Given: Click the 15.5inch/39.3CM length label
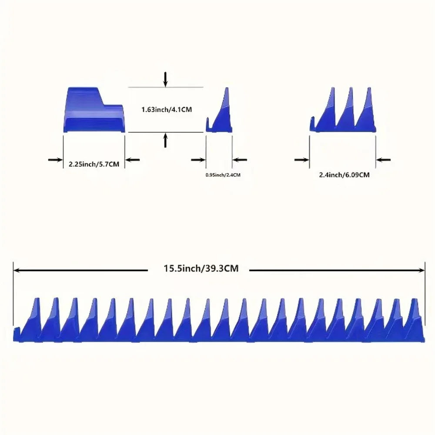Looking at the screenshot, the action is click(201, 268).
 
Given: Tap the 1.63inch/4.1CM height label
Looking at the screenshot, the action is click(167, 110).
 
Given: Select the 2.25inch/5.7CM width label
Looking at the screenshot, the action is click(94, 164).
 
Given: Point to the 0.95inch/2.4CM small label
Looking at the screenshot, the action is click(223, 175).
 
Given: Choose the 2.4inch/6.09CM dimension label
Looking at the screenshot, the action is click(344, 175).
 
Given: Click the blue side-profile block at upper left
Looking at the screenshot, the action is click(94, 110).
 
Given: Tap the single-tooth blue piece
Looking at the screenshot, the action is click(219, 110).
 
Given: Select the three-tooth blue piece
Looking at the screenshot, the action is click(343, 110).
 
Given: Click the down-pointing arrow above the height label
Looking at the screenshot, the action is click(166, 79).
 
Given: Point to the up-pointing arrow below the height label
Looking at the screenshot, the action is click(166, 140).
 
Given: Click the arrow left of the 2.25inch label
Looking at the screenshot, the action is click(55, 160).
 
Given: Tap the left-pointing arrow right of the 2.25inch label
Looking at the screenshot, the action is click(133, 160).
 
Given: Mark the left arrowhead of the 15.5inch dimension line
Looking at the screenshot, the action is click(16, 270).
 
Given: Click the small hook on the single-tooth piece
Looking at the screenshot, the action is click(208, 124).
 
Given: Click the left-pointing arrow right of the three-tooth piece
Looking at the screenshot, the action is click(383, 160).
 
